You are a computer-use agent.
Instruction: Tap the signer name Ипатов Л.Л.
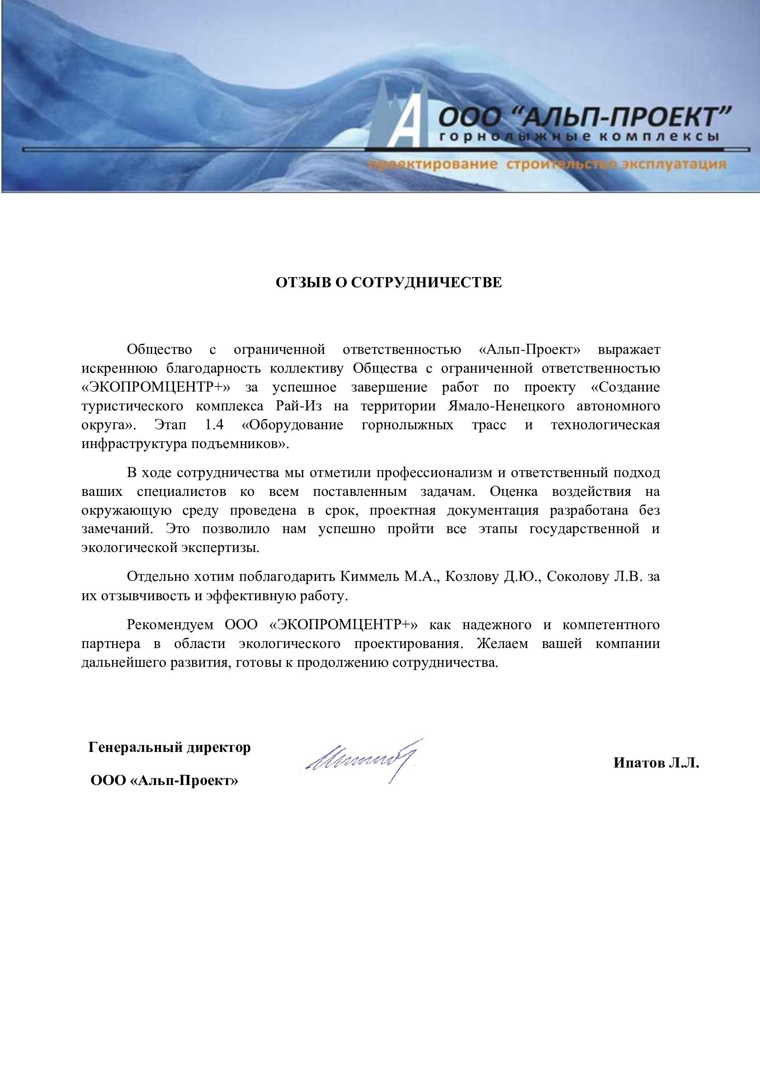pyautogui.click(x=656, y=763)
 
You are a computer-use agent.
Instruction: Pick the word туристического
pyautogui.click(x=132, y=406)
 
